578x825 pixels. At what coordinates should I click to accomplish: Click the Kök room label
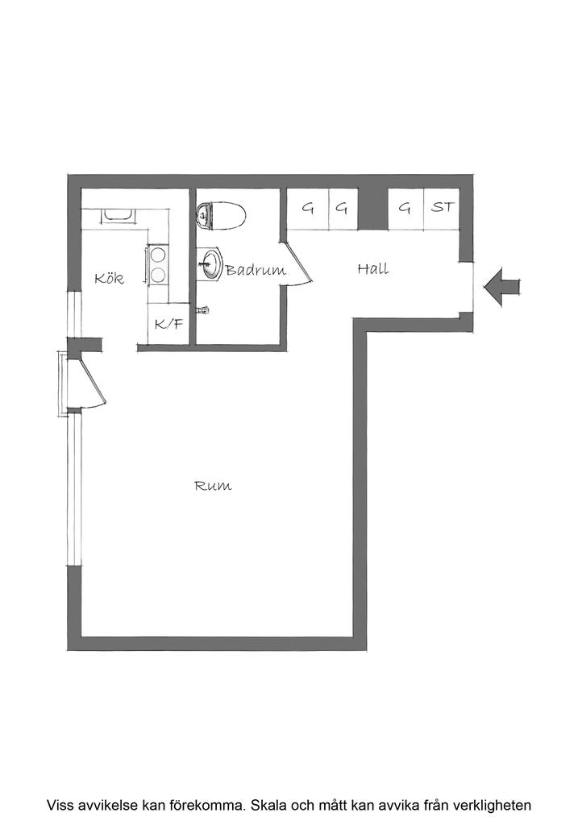[110, 278]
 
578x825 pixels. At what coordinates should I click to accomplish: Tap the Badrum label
[256, 270]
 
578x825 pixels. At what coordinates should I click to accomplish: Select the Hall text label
[373, 269]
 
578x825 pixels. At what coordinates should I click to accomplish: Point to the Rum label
[213, 485]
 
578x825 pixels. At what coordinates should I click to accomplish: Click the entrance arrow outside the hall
[501, 287]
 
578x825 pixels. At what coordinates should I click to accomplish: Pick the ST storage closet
[442, 209]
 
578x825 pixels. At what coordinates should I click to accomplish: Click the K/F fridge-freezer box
[168, 324]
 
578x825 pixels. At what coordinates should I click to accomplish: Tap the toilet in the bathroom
[221, 216]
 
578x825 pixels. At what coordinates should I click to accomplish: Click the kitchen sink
[119, 215]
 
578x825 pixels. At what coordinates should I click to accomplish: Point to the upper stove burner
[158, 255]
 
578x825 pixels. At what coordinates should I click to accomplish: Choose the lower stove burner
[158, 275]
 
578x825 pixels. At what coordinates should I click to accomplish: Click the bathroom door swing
[296, 263]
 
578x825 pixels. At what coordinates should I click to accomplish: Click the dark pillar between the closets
[372, 209]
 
